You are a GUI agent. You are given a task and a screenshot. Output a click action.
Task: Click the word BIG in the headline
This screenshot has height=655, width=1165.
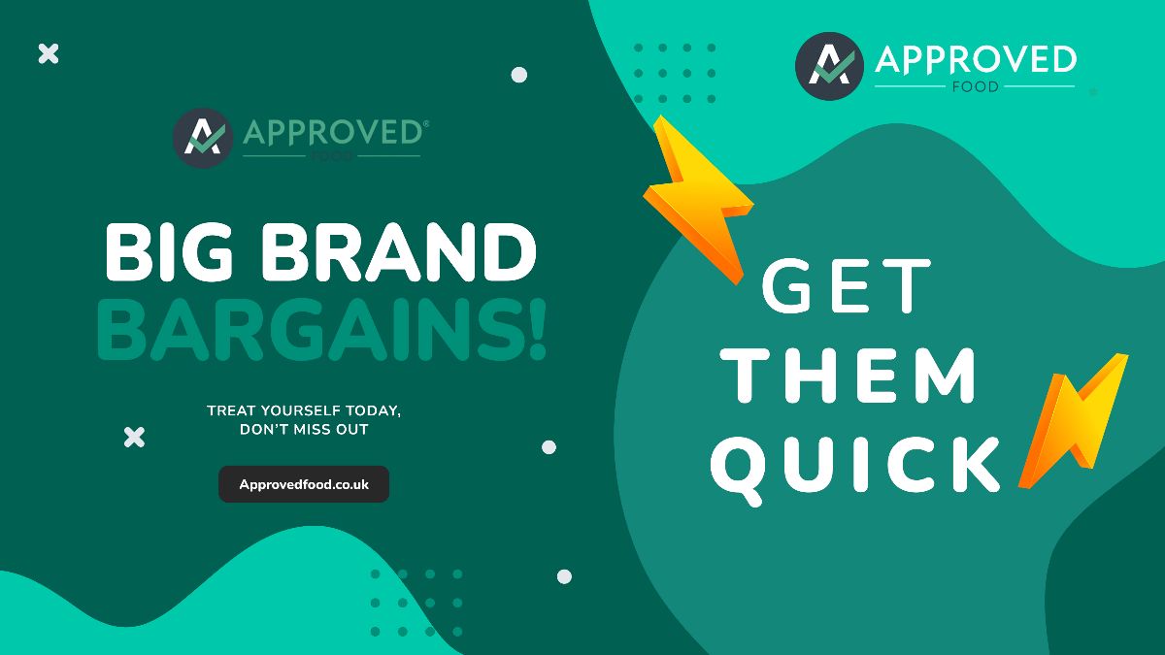(169, 252)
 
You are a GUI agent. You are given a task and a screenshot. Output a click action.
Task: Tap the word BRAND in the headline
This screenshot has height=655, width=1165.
(399, 252)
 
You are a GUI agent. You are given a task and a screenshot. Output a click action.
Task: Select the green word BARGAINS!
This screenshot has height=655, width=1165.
(321, 330)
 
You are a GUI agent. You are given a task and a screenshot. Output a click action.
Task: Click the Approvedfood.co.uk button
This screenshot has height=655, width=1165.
(304, 484)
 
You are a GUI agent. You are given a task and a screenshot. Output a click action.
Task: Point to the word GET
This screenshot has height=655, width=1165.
(846, 285)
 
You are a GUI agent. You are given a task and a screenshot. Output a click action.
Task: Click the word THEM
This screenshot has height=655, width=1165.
(849, 376)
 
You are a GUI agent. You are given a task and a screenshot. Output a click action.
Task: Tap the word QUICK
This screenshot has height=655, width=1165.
(855, 467)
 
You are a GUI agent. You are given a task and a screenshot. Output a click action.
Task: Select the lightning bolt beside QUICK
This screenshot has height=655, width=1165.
(1073, 421)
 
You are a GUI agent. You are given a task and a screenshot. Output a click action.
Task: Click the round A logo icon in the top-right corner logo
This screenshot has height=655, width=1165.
(829, 66)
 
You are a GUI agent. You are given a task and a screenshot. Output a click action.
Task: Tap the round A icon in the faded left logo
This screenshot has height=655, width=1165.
(202, 138)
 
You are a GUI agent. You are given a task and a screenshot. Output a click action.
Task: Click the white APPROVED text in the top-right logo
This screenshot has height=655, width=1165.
(976, 59)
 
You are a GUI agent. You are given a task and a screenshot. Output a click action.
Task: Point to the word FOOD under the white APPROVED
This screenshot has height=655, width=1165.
(975, 86)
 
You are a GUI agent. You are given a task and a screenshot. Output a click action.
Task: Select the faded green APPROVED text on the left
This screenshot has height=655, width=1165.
(333, 133)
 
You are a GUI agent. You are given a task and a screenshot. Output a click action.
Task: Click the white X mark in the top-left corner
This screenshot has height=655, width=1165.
(49, 53)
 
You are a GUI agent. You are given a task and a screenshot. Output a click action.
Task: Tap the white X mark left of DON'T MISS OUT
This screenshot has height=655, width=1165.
(134, 438)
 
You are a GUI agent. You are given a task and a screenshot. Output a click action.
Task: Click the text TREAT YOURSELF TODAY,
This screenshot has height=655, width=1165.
(304, 410)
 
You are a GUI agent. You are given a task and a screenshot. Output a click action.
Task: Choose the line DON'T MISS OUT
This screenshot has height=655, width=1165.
(304, 429)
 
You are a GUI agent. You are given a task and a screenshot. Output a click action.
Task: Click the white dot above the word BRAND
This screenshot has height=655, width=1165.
(519, 75)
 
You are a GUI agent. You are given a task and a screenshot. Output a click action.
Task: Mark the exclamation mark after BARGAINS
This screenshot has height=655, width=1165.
(538, 330)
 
